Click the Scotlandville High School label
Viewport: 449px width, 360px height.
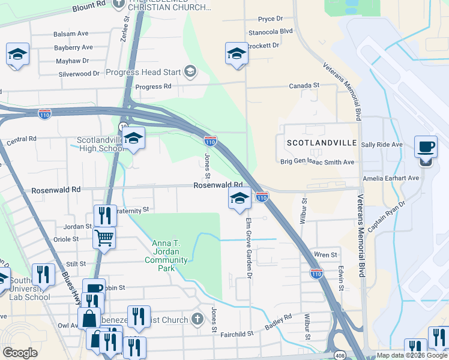point(100,145)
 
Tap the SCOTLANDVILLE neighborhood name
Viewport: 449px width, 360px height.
point(321,143)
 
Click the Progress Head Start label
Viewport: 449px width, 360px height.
point(143,72)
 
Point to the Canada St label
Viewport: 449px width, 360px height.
point(304,86)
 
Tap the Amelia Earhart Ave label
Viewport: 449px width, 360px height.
point(390,178)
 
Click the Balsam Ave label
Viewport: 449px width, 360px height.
point(70,34)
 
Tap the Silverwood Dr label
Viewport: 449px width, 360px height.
point(79,74)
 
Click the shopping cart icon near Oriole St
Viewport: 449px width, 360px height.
point(104,238)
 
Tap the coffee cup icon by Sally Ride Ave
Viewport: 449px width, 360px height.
point(426,148)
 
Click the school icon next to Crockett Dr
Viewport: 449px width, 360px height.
point(237,53)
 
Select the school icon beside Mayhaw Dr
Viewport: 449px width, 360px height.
point(18,54)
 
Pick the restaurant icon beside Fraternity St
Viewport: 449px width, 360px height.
point(105,215)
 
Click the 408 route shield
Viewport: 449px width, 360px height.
point(340,355)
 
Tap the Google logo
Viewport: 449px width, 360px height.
point(20,353)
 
